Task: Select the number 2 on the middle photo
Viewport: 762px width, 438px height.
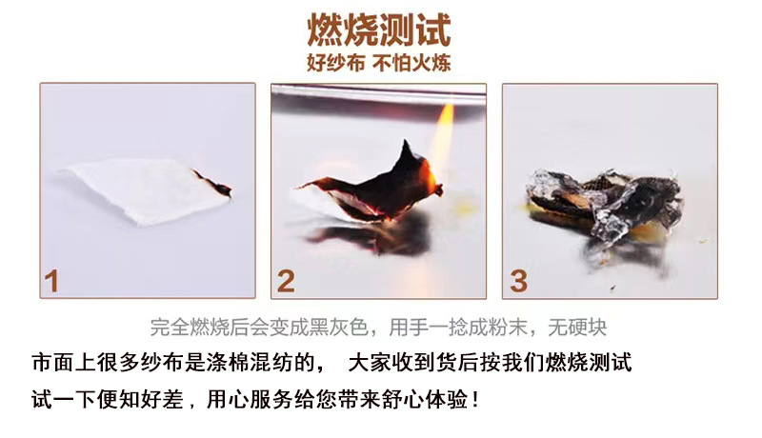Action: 285,281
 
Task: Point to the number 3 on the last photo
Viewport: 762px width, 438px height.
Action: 518,281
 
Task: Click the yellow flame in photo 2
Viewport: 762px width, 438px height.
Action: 443,143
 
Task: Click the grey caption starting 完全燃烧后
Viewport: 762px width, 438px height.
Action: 378,328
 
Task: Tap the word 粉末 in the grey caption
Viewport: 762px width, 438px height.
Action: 511,328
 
